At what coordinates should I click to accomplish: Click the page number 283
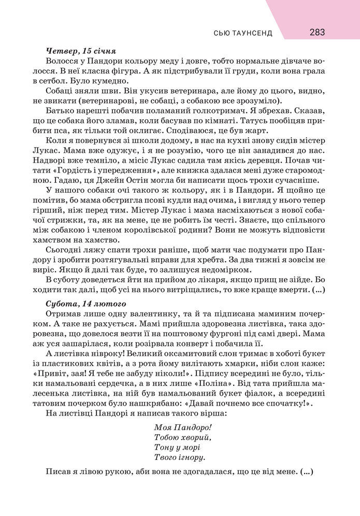point(318,33)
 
